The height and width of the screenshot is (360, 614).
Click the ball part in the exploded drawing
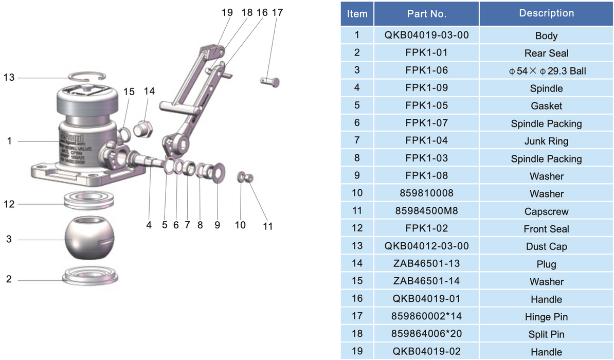pyautogui.click(x=87, y=239)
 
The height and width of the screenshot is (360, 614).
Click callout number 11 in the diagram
pyautogui.click(x=268, y=226)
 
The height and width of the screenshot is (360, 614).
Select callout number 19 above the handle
pyautogui.click(x=227, y=12)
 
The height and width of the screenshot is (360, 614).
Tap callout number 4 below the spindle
pyautogui.click(x=148, y=225)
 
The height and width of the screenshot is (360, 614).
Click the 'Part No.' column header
pyautogui.click(x=426, y=14)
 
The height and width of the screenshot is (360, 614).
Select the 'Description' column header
pyautogui.click(x=546, y=13)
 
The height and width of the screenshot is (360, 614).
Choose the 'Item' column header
pyautogui.click(x=357, y=14)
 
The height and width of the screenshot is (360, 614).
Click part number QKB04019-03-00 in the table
pyautogui.click(x=426, y=36)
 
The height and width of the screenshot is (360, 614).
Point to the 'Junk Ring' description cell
pyautogui.click(x=546, y=141)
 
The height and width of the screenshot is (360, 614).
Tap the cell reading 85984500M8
pyautogui.click(x=426, y=211)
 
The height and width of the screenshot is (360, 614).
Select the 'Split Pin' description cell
pyautogui.click(x=546, y=334)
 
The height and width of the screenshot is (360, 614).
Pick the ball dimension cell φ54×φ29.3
pyautogui.click(x=546, y=71)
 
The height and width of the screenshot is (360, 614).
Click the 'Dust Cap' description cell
pyautogui.click(x=546, y=246)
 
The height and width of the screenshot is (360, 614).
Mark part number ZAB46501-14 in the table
pyautogui.click(x=426, y=281)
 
